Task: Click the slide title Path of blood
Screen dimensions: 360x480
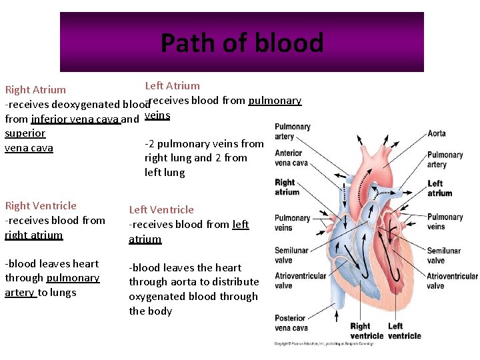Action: pos(241,43)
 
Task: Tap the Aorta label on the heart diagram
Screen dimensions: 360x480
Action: pos(437,133)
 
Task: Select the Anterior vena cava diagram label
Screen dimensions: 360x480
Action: pos(291,157)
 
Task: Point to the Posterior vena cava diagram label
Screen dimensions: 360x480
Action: pos(291,323)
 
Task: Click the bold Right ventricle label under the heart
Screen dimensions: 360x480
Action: pos(367,331)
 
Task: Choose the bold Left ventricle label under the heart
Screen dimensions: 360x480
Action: pos(404,331)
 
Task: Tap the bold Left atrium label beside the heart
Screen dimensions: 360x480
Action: pos(439,188)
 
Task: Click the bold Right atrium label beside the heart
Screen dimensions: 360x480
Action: pos(287,187)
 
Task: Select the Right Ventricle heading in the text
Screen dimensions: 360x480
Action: pos(41,206)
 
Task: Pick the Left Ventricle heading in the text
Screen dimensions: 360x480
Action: pos(161,210)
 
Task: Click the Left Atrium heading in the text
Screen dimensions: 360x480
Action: pos(172,85)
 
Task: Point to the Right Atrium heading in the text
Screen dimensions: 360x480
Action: pos(35,89)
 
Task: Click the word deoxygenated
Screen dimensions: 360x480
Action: pos(87,104)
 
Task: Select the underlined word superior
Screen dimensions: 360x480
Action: pos(25,133)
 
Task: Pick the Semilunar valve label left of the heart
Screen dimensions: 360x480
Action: pos(292,255)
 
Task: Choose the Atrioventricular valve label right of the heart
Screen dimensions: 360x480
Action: pos(452,281)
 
